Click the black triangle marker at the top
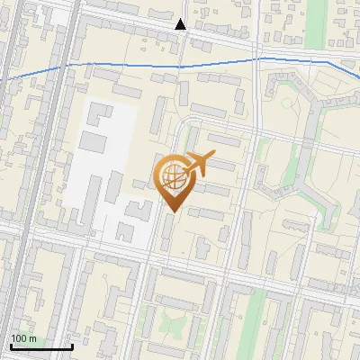181,24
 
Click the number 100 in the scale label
20,338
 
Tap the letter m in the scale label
34,338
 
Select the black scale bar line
40,347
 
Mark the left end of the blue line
2,79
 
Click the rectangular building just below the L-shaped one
94,142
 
